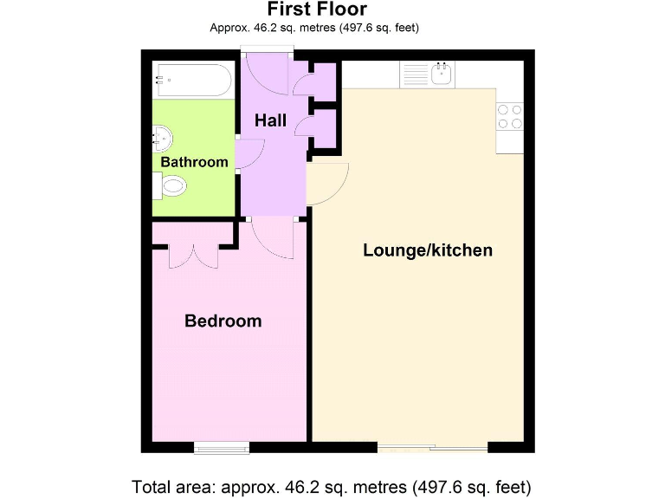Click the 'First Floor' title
pyautogui.click(x=316, y=10)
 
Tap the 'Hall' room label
pyautogui.click(x=270, y=121)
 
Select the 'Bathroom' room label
pyautogui.click(x=195, y=162)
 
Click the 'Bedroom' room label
pyautogui.click(x=223, y=321)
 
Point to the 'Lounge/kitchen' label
pyautogui.click(x=427, y=250)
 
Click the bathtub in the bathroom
pyautogui.click(x=193, y=80)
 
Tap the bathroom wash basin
pyautogui.click(x=163, y=137)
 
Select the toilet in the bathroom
pyautogui.click(x=171, y=185)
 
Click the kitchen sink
pyautogui.click(x=442, y=74)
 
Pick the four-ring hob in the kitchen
pyautogui.click(x=510, y=117)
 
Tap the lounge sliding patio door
pyautogui.click(x=433, y=448)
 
